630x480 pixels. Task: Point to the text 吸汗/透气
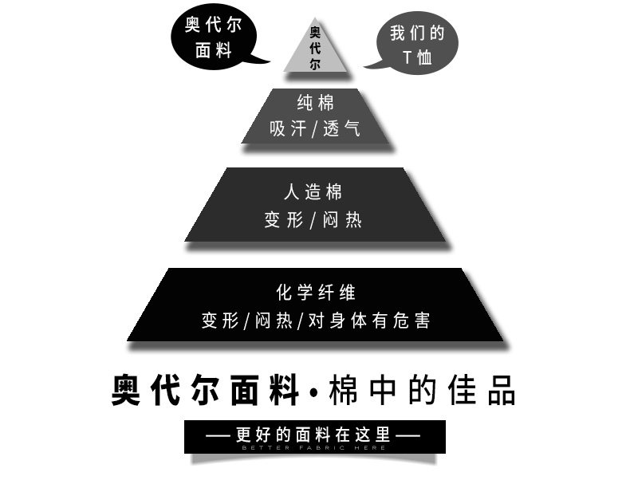pos(315,129)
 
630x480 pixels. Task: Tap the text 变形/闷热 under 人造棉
pos(313,220)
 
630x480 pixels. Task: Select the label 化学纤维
pos(315,293)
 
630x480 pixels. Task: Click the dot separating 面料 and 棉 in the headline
pos(313,392)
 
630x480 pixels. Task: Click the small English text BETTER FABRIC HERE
pos(314,447)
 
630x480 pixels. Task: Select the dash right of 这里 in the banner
pos(408,435)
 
